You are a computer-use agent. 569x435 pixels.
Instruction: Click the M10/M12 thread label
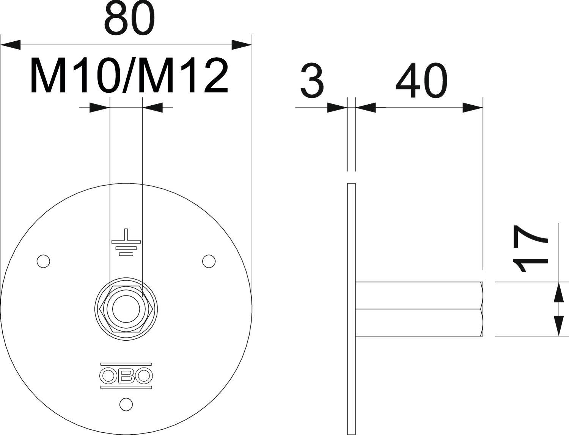tap(129, 76)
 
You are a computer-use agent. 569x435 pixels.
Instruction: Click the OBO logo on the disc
tap(126, 376)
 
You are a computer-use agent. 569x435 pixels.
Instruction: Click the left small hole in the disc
tap(43, 261)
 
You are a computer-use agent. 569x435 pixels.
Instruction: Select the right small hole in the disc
tap(209, 261)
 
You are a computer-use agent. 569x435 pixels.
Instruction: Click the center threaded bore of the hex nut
tap(126, 309)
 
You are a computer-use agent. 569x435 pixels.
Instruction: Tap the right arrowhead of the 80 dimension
tap(241, 44)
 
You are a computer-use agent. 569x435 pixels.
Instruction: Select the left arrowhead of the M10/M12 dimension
tap(99, 108)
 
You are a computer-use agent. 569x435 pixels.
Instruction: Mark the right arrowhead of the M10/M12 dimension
tap(152, 108)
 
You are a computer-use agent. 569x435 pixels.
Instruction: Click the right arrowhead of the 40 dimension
tap(472, 108)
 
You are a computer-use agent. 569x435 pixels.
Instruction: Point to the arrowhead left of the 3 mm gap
tap(337, 108)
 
